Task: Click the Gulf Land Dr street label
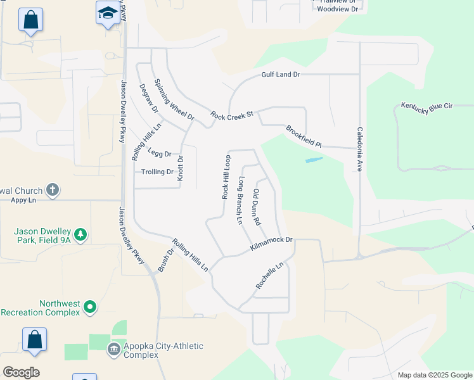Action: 280,75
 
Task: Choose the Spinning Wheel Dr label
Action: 174,101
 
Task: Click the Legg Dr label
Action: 160,153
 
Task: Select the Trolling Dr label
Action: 157,172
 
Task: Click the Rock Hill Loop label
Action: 226,177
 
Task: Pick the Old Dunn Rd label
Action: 257,207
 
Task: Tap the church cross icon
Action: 53,189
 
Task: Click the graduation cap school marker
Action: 108,13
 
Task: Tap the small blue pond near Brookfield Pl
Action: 314,160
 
